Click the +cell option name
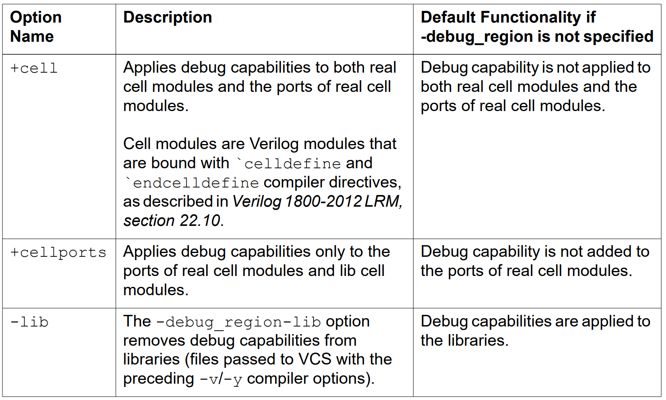tap(33, 68)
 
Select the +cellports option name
tap(58, 252)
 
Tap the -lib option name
tap(29, 322)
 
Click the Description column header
tap(168, 18)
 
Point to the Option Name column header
tap(36, 27)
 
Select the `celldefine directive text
tap(288, 163)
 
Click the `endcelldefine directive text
tap(192, 182)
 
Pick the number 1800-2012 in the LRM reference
tap(323, 202)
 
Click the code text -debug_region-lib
tap(238, 322)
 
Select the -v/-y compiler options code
tap(221, 379)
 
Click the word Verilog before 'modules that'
tap(274, 144)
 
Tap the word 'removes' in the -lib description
tap(154, 341)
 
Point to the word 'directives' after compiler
tap(365, 182)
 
